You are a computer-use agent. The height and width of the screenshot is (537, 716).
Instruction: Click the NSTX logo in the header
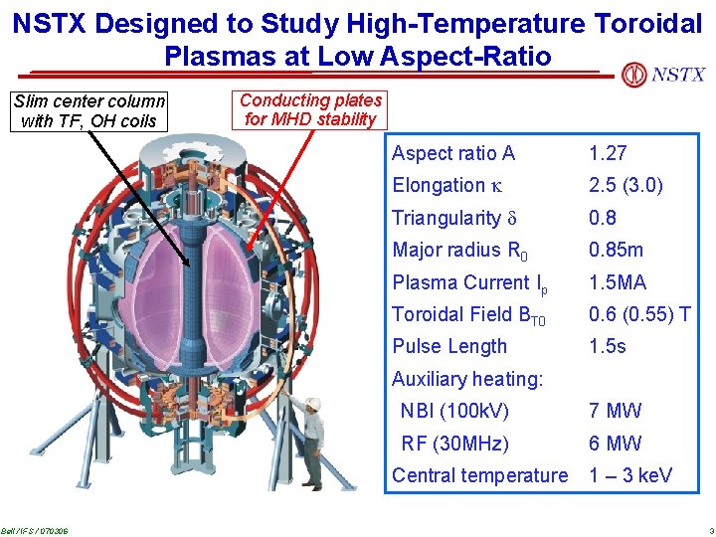point(663,75)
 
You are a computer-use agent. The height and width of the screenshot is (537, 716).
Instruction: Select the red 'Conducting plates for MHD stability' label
point(310,110)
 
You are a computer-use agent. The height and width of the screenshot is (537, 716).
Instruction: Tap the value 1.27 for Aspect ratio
point(608,153)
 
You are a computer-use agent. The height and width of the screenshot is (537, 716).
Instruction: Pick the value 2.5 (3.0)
point(626,185)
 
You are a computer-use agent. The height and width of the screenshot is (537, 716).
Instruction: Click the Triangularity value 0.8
point(603,218)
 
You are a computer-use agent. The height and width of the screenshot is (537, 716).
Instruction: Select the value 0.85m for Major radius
point(616,250)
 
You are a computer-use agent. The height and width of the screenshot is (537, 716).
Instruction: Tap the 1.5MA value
point(617,282)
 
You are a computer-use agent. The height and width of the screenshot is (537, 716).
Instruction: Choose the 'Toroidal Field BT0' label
point(469,315)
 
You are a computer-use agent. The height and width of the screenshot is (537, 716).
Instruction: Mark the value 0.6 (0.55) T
point(639,314)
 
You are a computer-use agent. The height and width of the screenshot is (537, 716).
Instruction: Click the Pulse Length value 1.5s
point(608,346)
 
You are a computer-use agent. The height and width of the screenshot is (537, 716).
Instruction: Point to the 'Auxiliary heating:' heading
point(467,379)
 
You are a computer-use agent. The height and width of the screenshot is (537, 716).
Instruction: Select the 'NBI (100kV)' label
point(454,411)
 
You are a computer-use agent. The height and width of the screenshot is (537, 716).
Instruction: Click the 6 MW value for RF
point(615,444)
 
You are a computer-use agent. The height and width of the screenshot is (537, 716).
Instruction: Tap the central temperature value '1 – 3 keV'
point(630,475)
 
